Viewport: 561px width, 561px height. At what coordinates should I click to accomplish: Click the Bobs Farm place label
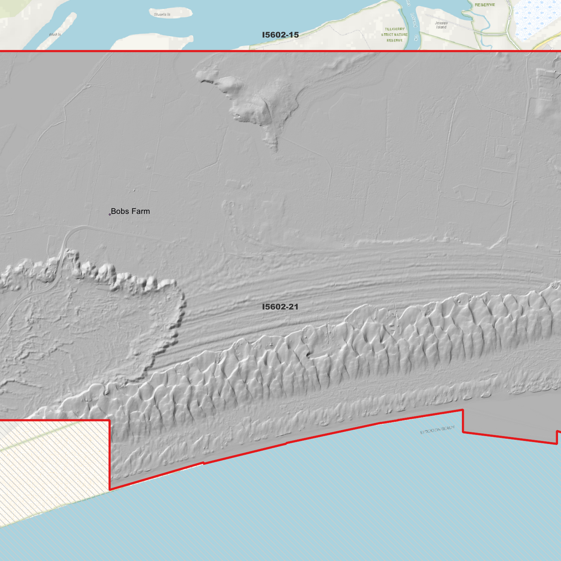pyautogui.click(x=130, y=212)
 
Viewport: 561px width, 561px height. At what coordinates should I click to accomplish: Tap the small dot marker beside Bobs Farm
pyautogui.click(x=110, y=214)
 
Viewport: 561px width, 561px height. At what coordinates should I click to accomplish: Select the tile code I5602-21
pyautogui.click(x=280, y=307)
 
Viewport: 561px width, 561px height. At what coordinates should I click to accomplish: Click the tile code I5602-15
pyautogui.click(x=280, y=35)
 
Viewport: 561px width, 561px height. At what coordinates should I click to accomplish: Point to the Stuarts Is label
pyautogui.click(x=162, y=14)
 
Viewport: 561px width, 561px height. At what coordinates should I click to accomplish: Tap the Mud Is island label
pyautogui.click(x=55, y=35)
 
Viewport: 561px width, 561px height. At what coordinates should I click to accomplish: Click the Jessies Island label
pyautogui.click(x=441, y=25)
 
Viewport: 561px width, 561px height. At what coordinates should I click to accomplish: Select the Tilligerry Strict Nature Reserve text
pyautogui.click(x=394, y=35)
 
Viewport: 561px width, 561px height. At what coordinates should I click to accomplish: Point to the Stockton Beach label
pyautogui.click(x=437, y=430)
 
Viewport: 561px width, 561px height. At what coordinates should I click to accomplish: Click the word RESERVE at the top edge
pyautogui.click(x=485, y=5)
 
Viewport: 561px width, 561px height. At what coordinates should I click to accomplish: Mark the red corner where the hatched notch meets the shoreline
pyautogui.click(x=110, y=490)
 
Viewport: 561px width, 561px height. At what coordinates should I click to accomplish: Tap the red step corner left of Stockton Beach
pyautogui.click(x=463, y=410)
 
